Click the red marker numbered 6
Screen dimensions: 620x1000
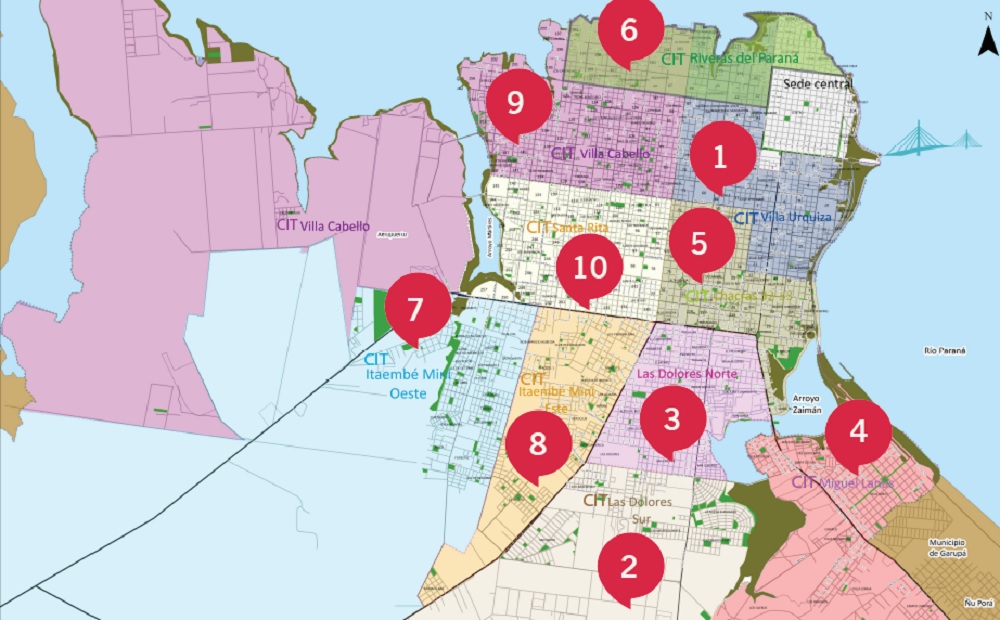point(628,30)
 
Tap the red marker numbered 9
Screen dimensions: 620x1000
point(516,102)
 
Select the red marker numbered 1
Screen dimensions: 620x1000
point(718,156)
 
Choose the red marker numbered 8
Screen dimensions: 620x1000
point(538,444)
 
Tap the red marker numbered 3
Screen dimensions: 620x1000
point(672,419)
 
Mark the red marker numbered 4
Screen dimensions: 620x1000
point(858,432)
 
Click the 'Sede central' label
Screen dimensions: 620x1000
point(817,85)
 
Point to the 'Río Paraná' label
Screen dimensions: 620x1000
point(945,350)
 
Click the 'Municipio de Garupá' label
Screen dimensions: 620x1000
point(950,547)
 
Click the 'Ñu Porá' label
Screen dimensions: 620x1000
point(976,602)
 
